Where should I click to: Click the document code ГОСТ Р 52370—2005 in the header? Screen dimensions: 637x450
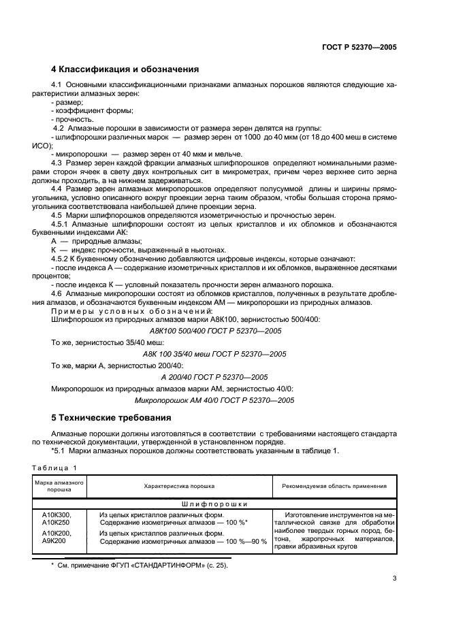coord(359,48)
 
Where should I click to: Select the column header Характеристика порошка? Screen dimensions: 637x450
coord(179,486)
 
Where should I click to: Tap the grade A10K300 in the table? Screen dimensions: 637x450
coord(57,515)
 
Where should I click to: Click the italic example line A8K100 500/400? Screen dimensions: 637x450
coord(214,330)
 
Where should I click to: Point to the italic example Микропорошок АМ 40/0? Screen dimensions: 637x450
coord(214,401)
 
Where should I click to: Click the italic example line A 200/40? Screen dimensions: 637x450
coord(214,377)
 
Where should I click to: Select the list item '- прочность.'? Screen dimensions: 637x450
coord(67,119)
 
